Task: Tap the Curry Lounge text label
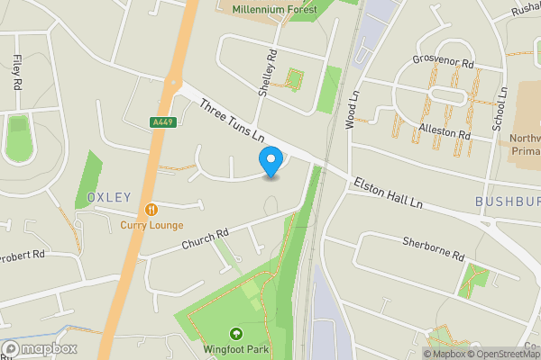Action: (151, 225)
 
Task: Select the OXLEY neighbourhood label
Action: (109, 197)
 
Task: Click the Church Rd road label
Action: (206, 238)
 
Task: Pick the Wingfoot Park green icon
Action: (236, 333)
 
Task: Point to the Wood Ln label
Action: (352, 106)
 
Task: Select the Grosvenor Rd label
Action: (444, 64)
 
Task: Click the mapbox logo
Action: (40, 349)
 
